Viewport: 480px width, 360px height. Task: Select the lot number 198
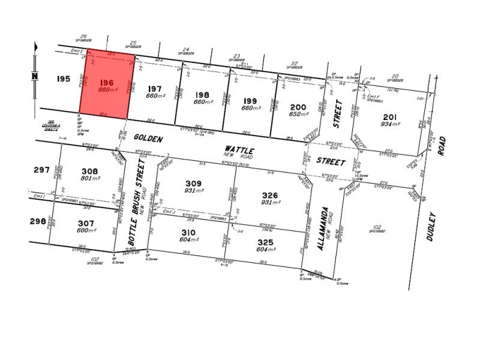tap(202, 94)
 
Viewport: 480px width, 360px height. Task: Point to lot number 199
tap(250, 100)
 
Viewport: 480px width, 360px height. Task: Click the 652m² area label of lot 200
tap(298, 114)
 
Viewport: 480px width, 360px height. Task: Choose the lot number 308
tap(89, 170)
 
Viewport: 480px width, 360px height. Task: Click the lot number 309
tap(193, 183)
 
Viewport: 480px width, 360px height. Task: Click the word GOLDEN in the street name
tap(145, 139)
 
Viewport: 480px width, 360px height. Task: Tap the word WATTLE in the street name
tap(239, 149)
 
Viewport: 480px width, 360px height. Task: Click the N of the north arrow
tap(35, 76)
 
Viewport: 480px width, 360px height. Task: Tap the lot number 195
tap(64, 79)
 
